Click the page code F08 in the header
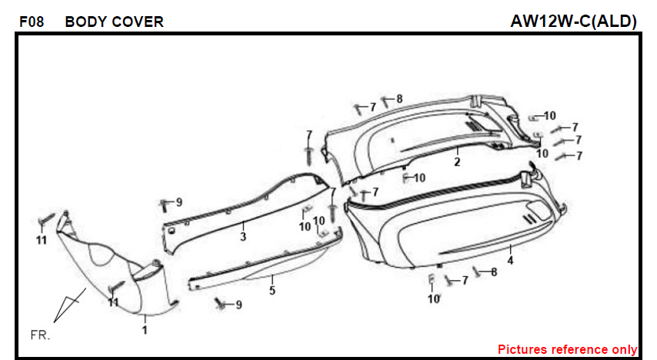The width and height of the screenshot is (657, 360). [32, 22]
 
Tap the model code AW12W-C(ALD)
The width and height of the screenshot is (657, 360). [574, 21]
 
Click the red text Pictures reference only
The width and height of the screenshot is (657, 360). [567, 349]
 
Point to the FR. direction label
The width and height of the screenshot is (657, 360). [40, 335]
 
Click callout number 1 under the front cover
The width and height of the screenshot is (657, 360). [145, 330]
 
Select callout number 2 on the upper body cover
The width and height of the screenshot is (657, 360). [457, 162]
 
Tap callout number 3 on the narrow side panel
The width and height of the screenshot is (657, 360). [243, 237]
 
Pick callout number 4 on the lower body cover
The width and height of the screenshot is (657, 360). [510, 260]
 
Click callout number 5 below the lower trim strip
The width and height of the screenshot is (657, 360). [272, 290]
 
